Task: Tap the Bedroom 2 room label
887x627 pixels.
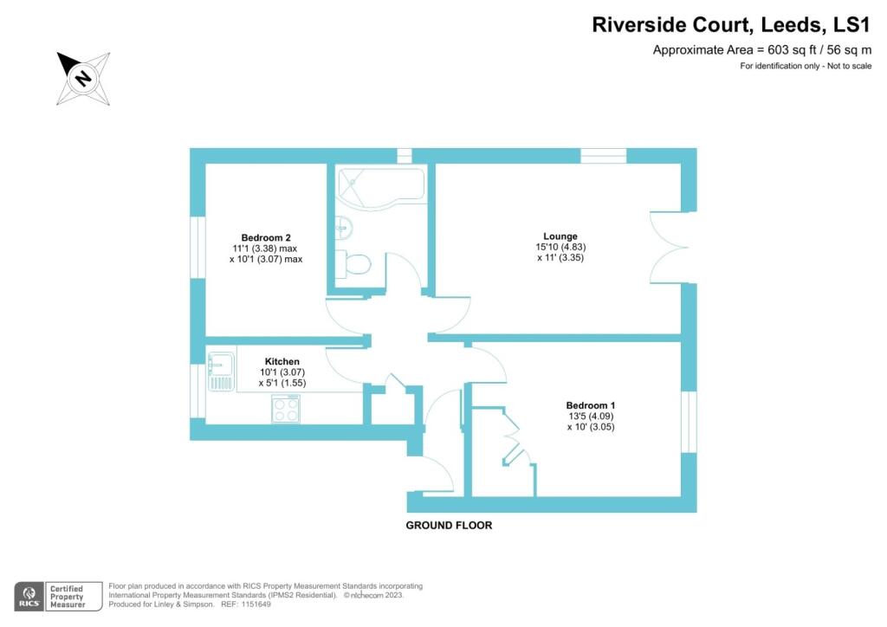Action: click(x=265, y=238)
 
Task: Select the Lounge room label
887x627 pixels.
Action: click(x=560, y=236)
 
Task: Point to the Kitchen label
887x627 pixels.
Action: click(x=282, y=362)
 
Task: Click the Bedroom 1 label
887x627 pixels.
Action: click(x=590, y=405)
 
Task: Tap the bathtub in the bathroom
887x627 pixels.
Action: click(x=381, y=185)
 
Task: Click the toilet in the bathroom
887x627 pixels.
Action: click(x=353, y=263)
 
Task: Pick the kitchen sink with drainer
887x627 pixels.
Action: click(x=221, y=372)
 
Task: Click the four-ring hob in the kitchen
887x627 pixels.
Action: click(x=286, y=409)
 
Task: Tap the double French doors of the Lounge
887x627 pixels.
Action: click(x=670, y=248)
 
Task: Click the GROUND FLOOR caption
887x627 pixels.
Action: click(x=449, y=525)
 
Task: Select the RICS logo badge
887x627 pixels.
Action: click(x=29, y=597)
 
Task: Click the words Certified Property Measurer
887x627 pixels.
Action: click(x=67, y=597)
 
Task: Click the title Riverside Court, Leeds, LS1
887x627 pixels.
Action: click(x=731, y=25)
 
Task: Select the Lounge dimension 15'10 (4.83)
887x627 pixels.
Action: click(x=560, y=247)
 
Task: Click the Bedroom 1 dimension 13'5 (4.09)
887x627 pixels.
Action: click(x=591, y=416)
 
